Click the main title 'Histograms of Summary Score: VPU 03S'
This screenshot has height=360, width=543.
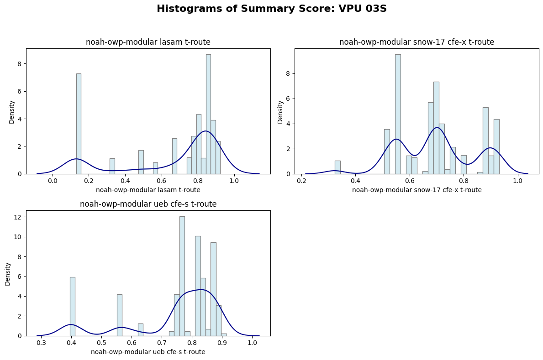coord(271,9)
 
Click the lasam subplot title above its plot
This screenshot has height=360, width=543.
coord(148,42)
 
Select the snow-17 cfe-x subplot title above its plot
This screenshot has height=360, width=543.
coord(416,42)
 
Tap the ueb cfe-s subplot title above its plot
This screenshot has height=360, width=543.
coord(148,204)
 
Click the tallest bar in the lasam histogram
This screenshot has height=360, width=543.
coord(208,114)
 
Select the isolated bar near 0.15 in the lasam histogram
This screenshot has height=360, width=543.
coord(79,123)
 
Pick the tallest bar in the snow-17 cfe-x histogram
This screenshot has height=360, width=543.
coord(398,114)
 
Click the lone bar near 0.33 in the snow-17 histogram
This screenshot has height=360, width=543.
coord(337,167)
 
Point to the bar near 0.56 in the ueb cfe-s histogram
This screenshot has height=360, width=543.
coord(120,315)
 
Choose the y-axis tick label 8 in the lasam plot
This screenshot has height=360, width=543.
coord(20,64)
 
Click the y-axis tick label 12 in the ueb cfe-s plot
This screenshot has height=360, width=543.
coord(18,217)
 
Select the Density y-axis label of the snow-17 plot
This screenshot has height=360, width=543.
coord(280,112)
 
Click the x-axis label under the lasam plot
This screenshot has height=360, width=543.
coord(148,190)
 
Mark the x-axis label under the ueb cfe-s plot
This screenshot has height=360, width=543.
coord(148,352)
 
